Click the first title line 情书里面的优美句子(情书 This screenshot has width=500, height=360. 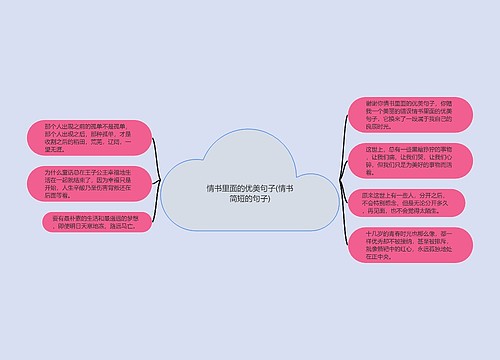[250, 188]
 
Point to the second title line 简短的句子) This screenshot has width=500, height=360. [250, 200]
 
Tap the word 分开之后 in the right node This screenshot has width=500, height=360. [419, 196]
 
